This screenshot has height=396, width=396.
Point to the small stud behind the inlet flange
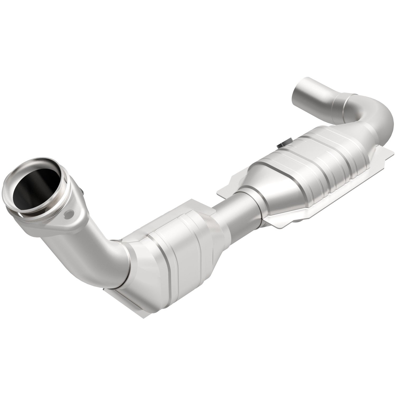point(83,191)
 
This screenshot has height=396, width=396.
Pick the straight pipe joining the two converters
point(232,214)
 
